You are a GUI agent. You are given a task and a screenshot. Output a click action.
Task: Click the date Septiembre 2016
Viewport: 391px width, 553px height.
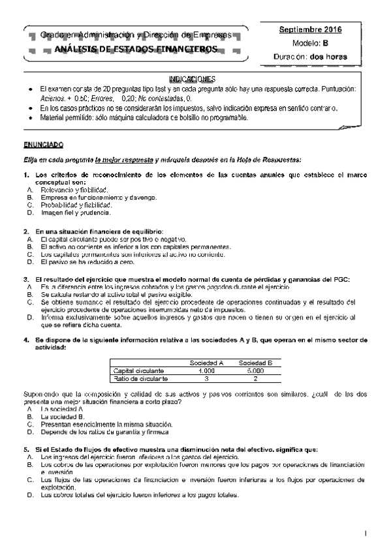310,30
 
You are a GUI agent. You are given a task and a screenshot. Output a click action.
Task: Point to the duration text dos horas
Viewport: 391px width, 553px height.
329,57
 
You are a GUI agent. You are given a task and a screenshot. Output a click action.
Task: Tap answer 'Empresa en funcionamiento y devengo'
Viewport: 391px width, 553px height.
98,197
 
